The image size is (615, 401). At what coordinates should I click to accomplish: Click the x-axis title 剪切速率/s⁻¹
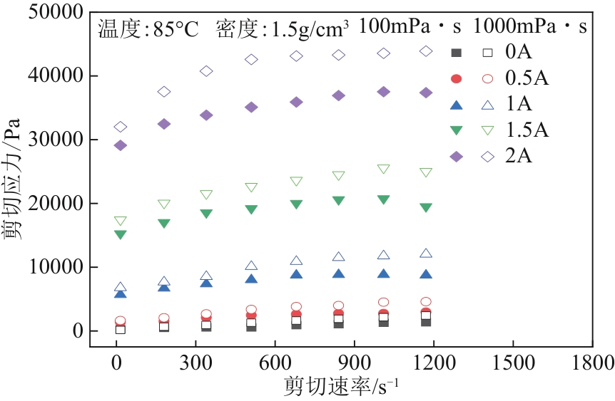pyautogui.click(x=341, y=386)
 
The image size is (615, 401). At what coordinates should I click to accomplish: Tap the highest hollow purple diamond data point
pyautogui.click(x=426, y=51)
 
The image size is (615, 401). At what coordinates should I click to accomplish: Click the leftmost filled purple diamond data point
pyautogui.click(x=121, y=145)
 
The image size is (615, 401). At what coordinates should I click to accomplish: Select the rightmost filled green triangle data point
pyautogui.click(x=426, y=207)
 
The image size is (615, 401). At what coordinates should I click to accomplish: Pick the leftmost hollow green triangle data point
pyautogui.click(x=121, y=221)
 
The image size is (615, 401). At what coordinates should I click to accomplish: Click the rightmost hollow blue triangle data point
pyautogui.click(x=426, y=253)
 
